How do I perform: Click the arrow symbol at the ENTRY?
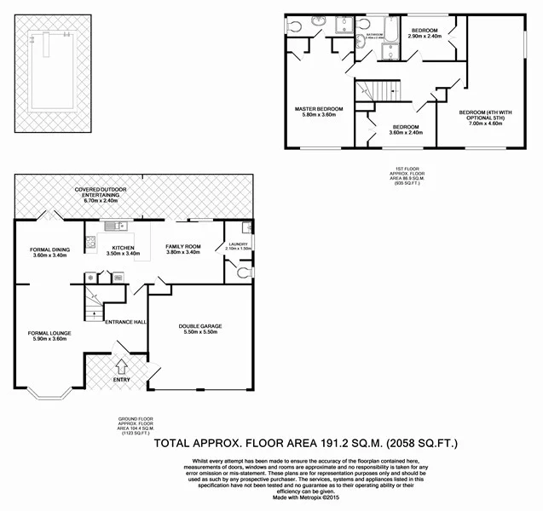click(120, 367)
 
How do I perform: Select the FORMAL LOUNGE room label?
click(48, 333)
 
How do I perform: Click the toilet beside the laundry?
click(242, 273)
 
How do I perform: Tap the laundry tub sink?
click(246, 227)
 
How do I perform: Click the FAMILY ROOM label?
click(182, 246)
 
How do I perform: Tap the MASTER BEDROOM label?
click(319, 109)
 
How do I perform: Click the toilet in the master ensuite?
click(296, 26)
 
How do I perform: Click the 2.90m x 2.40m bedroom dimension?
click(424, 37)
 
